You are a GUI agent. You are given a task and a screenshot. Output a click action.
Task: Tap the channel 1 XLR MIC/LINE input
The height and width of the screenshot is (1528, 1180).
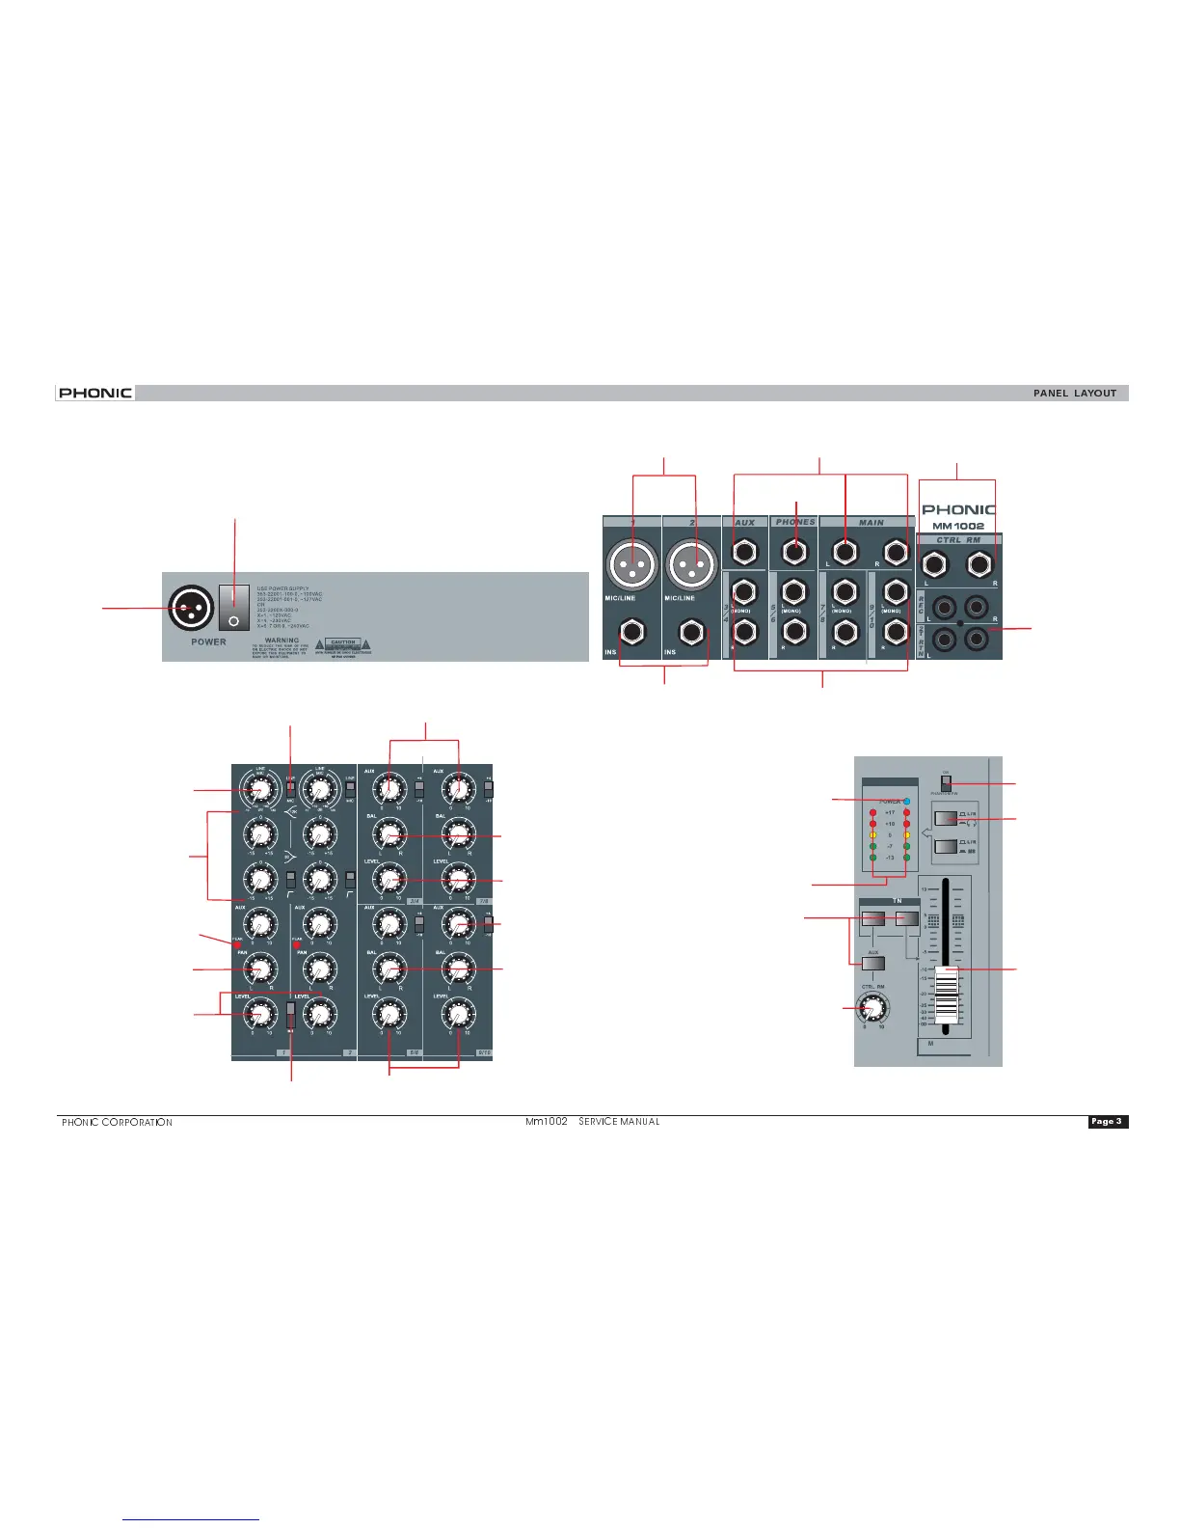point(632,562)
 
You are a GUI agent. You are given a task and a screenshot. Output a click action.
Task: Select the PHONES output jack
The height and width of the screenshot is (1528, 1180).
point(794,553)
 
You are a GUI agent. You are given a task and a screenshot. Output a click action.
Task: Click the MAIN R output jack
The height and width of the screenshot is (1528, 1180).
point(896,553)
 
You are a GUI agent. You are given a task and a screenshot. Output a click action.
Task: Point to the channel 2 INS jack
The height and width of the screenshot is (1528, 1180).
point(692,633)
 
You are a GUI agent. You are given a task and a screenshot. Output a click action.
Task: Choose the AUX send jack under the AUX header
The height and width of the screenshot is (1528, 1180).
point(743,553)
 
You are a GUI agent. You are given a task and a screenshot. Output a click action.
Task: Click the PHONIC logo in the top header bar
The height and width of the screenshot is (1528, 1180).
point(94,393)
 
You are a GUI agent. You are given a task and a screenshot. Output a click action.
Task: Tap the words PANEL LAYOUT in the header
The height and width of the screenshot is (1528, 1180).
point(1075,394)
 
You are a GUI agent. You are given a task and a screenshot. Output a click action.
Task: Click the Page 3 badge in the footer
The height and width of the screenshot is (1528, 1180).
point(1107,1121)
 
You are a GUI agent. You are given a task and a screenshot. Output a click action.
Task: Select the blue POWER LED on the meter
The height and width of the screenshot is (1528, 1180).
point(907,801)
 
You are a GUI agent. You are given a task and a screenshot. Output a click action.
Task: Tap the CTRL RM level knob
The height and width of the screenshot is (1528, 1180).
point(873,1008)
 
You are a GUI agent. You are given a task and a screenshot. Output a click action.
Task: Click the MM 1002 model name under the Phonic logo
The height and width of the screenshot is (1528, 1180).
point(958,526)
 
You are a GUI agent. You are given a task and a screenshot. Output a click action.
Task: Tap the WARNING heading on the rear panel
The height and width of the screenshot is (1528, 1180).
point(282,640)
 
